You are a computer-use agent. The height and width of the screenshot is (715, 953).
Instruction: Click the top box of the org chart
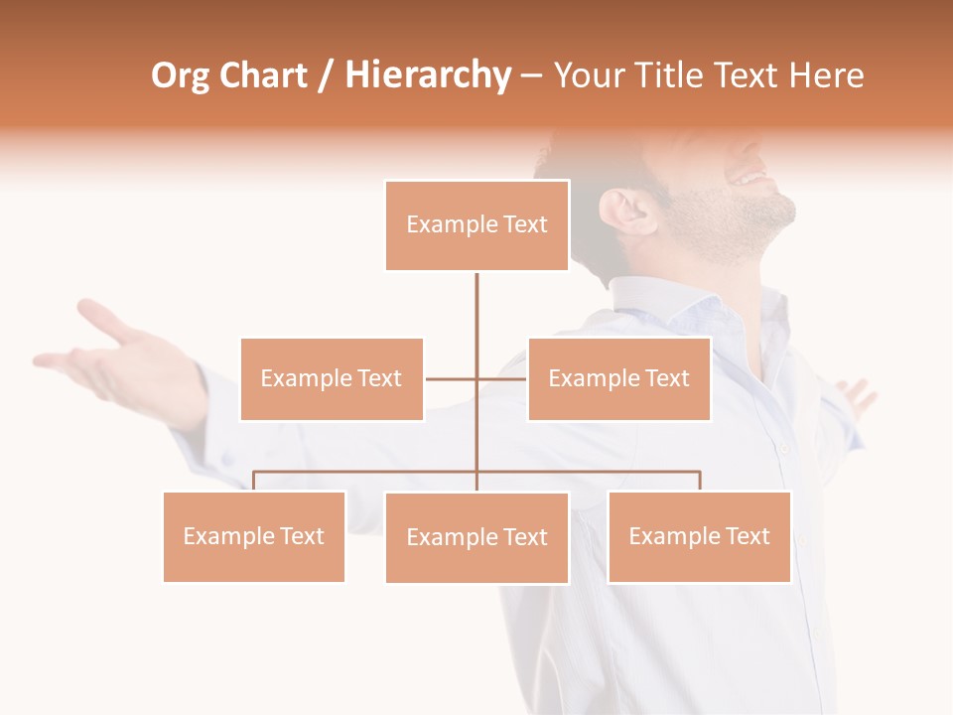tap(476, 225)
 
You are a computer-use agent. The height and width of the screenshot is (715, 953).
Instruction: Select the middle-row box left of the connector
tap(332, 378)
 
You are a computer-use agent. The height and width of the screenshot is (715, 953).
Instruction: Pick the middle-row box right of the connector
tap(618, 378)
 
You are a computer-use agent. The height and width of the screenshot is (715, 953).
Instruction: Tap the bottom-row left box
tap(254, 536)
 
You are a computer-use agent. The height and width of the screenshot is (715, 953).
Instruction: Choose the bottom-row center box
tap(476, 537)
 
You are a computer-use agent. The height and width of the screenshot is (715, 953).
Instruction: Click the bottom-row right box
tap(699, 536)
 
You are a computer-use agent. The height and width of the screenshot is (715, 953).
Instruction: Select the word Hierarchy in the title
tap(428, 76)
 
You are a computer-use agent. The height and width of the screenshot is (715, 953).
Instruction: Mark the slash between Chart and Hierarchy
tap(326, 76)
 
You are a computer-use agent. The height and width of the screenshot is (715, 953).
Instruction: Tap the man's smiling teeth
tap(750, 179)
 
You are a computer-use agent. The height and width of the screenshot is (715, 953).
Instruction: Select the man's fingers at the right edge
tap(858, 395)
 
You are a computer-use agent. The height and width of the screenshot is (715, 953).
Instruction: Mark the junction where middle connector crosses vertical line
tap(476, 378)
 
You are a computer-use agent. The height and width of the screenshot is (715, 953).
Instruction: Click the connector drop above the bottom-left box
tap(254, 481)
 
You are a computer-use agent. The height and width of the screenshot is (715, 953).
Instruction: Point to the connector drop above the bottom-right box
tap(699, 481)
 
